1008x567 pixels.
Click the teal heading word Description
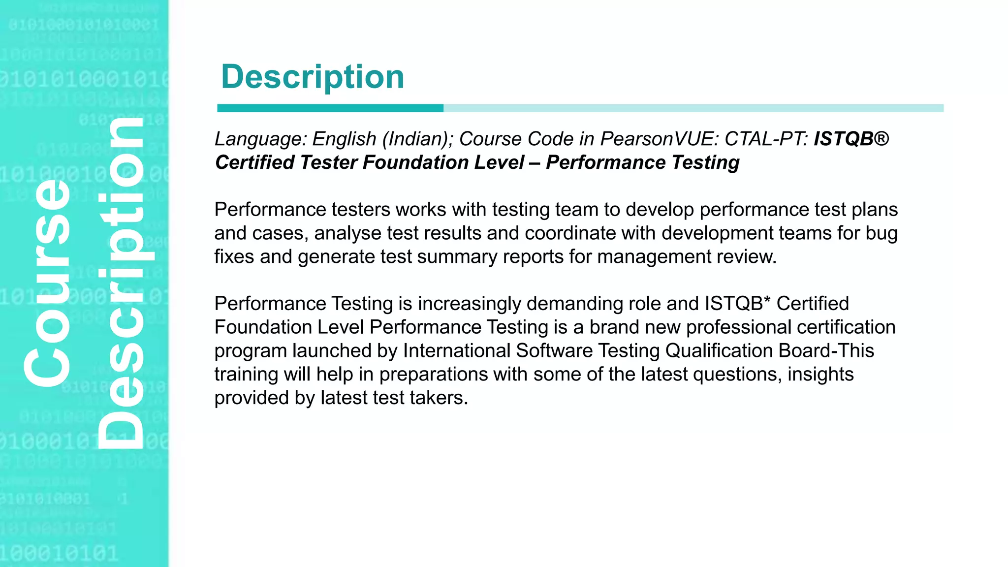(x=313, y=77)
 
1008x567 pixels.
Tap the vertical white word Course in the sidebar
(x=48, y=283)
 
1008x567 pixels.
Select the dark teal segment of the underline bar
(x=330, y=108)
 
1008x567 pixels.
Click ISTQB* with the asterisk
(x=737, y=304)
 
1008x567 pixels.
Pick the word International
(x=456, y=351)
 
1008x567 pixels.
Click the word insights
(x=820, y=375)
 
